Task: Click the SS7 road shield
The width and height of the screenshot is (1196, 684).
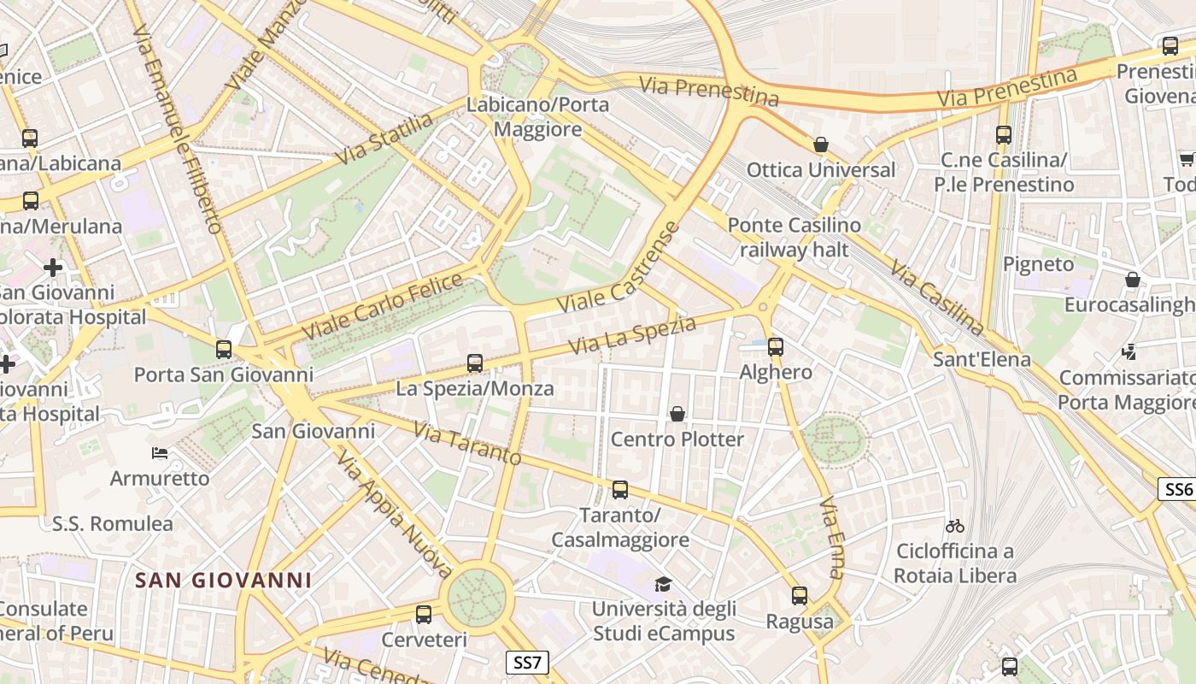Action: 527,662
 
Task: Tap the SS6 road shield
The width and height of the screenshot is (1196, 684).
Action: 1177,489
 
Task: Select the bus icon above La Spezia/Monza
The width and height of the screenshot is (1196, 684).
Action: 475,363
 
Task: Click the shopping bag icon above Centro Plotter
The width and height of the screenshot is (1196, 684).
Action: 677,415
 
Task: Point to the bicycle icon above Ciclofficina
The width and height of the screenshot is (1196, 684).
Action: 955,526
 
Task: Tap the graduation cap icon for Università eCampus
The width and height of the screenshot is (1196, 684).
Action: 663,585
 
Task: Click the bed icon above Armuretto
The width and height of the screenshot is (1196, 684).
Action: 160,452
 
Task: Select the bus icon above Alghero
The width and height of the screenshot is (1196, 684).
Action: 776,347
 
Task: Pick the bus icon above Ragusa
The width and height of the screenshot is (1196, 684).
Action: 800,596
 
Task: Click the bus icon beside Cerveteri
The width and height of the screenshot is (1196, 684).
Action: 424,614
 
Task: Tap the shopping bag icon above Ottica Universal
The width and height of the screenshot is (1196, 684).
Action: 821,144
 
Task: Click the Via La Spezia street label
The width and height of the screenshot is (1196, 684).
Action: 632,334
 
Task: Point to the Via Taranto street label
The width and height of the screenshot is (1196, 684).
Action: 467,443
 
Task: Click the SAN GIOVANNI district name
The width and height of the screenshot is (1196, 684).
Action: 224,581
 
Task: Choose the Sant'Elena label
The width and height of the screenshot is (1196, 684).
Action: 982,359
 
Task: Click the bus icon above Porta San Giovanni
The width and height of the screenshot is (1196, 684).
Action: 224,350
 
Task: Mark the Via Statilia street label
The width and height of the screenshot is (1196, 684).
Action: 385,139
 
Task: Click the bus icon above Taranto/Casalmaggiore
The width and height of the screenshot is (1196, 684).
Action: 620,490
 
